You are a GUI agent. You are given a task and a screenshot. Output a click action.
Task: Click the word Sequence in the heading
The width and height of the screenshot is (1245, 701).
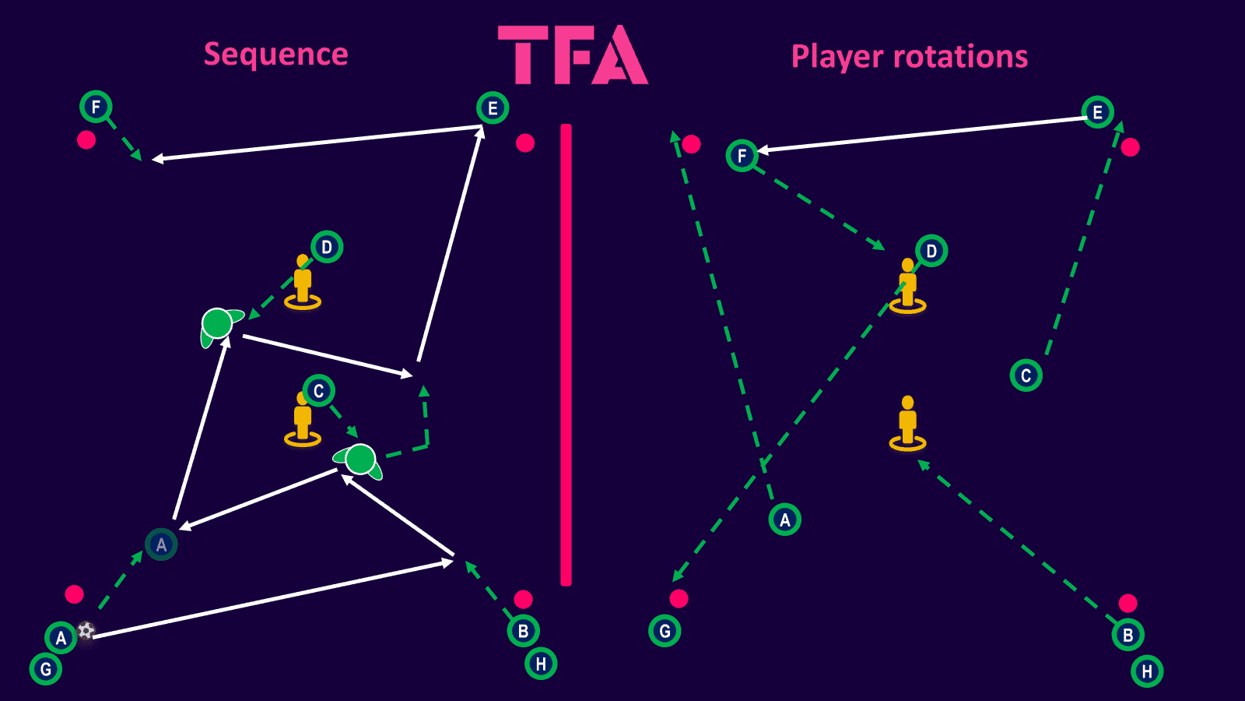275,55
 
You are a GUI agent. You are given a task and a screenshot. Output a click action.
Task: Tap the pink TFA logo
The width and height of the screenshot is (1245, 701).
573,55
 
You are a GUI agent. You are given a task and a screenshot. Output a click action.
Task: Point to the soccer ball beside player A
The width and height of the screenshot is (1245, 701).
86,630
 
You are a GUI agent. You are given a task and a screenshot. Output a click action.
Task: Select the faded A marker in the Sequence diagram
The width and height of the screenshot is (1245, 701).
161,544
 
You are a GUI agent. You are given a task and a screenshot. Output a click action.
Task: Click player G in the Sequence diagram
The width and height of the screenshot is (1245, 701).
46,669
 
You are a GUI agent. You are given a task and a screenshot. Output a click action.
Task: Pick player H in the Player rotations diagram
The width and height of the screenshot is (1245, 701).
1147,671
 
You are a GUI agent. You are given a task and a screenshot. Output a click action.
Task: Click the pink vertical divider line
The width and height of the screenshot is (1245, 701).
566,355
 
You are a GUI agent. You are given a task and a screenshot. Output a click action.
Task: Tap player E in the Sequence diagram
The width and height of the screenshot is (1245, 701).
493,108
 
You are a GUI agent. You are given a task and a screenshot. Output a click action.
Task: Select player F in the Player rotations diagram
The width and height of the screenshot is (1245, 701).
742,155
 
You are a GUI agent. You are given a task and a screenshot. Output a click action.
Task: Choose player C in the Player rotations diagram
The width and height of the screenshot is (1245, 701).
1026,375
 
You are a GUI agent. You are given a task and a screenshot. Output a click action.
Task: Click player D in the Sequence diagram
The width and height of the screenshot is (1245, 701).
327,247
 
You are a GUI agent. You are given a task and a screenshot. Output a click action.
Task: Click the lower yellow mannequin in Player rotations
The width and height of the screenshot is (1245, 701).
907,424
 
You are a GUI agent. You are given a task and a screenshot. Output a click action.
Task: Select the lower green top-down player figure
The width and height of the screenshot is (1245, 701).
359,460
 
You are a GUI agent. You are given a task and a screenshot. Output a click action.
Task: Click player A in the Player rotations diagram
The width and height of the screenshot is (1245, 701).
785,520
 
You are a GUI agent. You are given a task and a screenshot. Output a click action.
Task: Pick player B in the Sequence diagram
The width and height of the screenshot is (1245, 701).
523,631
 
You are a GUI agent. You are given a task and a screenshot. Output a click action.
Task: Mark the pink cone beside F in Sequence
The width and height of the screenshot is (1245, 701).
86,139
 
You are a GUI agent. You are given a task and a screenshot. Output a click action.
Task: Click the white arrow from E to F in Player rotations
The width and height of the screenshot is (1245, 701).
923,134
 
